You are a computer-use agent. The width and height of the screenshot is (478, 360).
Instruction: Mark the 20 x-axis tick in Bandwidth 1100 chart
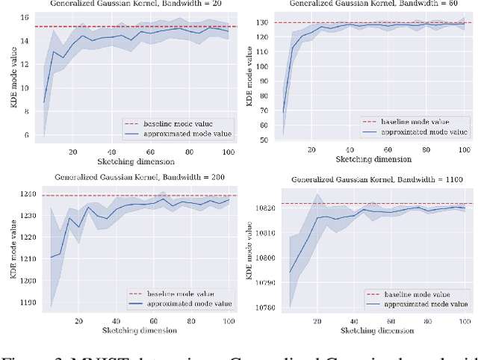pyautogui.click(x=318, y=323)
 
